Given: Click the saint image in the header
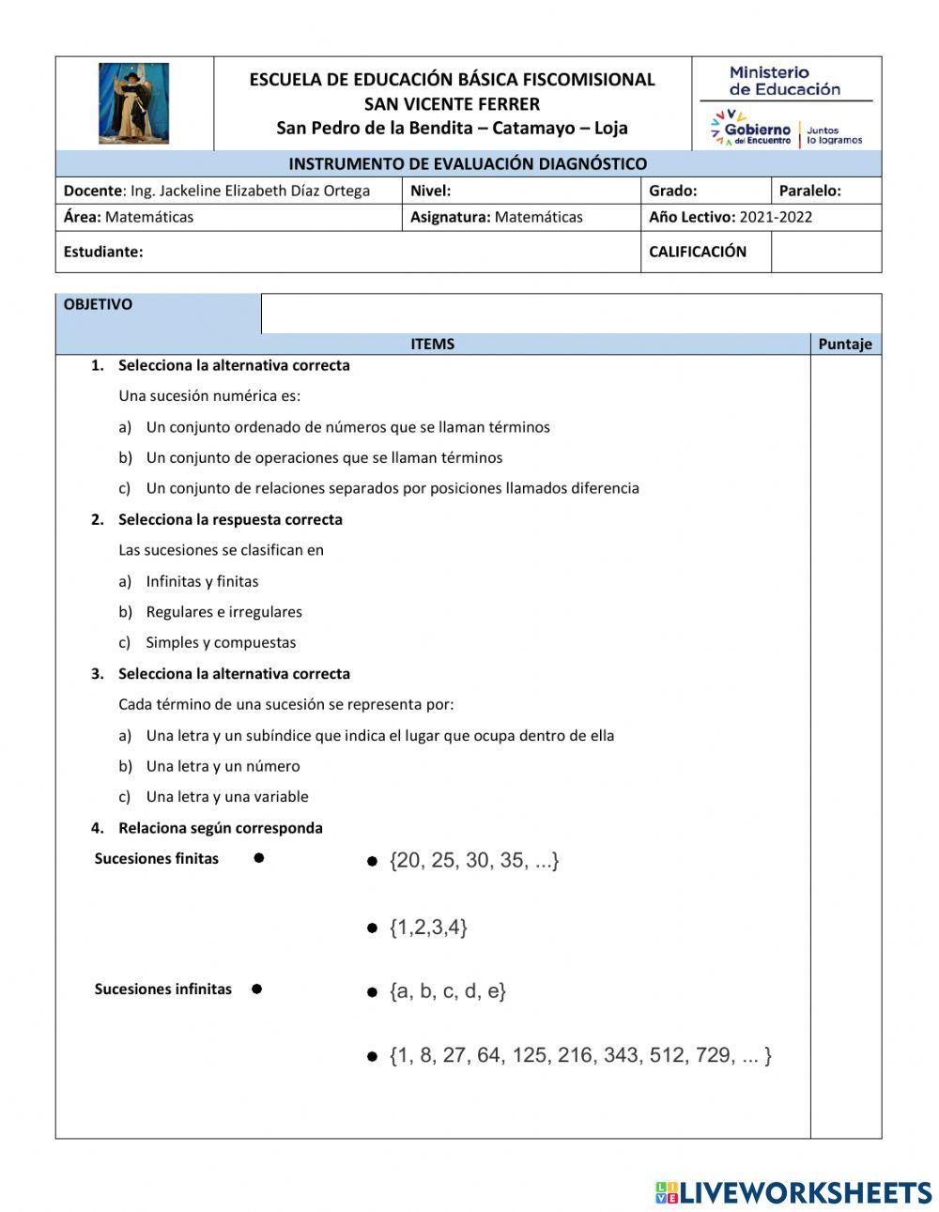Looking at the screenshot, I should point(134,103).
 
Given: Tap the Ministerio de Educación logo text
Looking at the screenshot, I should point(784,81).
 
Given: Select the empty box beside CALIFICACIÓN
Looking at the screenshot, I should point(825,252).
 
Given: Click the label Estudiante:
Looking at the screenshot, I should point(103,252).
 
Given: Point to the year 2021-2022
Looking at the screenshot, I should point(776,217).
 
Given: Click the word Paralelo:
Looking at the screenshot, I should point(809,191).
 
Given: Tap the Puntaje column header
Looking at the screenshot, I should point(845,344).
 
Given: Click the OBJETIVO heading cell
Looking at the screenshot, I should point(99,304).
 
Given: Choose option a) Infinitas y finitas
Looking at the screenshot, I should point(202,581).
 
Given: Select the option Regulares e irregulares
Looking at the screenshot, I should point(223,611).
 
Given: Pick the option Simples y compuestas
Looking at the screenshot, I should point(221,642).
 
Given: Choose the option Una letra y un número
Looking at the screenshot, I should point(223,766).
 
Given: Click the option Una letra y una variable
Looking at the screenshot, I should point(227,796).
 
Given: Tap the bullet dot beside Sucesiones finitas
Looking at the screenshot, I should point(258,857).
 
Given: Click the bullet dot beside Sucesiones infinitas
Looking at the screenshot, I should point(256,989).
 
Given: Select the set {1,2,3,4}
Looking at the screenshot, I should point(428,928).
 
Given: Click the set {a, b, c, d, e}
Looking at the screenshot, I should point(447,990).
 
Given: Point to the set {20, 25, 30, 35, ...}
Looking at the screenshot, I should point(474,860).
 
